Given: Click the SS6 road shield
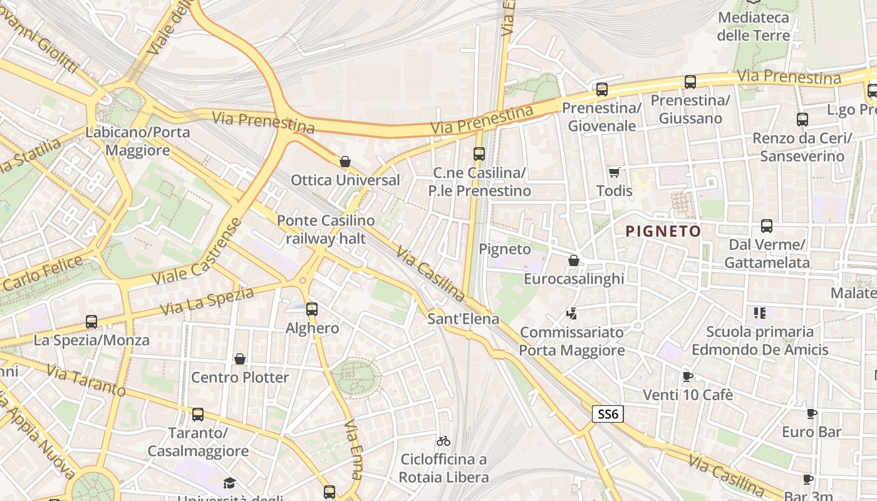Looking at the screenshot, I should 608,414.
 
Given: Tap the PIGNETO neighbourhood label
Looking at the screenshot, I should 663,232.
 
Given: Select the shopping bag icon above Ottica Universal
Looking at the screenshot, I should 345,162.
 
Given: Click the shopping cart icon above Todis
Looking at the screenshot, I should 614,172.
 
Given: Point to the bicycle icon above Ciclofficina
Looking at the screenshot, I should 444,441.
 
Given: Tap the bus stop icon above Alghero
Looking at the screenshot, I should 311,309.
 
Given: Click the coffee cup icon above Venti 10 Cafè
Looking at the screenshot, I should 687,376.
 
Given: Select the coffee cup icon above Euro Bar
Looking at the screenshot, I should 811,413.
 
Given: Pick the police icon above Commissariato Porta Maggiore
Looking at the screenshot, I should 571,313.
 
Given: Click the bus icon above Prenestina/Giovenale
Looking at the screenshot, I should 602,90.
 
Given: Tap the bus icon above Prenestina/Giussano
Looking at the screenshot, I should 690,82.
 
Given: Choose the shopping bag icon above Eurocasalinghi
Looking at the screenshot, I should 574,261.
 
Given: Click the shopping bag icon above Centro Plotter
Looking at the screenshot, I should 239,359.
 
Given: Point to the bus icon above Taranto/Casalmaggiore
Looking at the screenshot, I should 198,415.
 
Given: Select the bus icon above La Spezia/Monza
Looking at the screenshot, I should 91,322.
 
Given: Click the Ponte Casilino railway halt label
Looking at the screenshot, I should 326,229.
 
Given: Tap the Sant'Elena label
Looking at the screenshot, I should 463,319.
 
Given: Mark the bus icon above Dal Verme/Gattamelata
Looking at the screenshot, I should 766,226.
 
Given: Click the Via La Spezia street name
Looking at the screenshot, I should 207,301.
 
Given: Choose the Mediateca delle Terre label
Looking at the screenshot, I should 754,26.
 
